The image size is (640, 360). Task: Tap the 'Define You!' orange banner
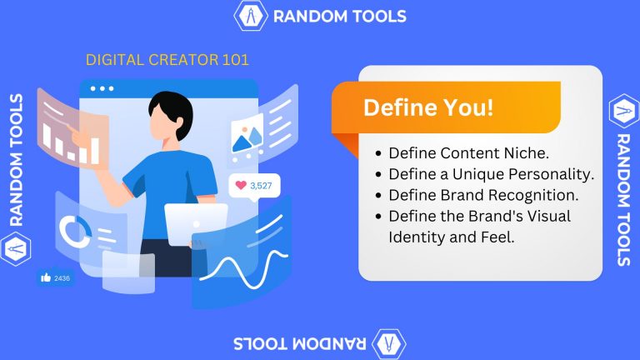click(x=428, y=108)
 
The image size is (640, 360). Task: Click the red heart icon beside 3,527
click(x=241, y=186)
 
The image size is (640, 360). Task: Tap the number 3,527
click(x=260, y=186)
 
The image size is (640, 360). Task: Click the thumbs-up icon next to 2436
click(x=45, y=277)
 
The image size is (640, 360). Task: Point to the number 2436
click(x=62, y=277)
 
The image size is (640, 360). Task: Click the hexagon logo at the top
click(x=250, y=16)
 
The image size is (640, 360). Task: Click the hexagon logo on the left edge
click(x=16, y=247)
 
